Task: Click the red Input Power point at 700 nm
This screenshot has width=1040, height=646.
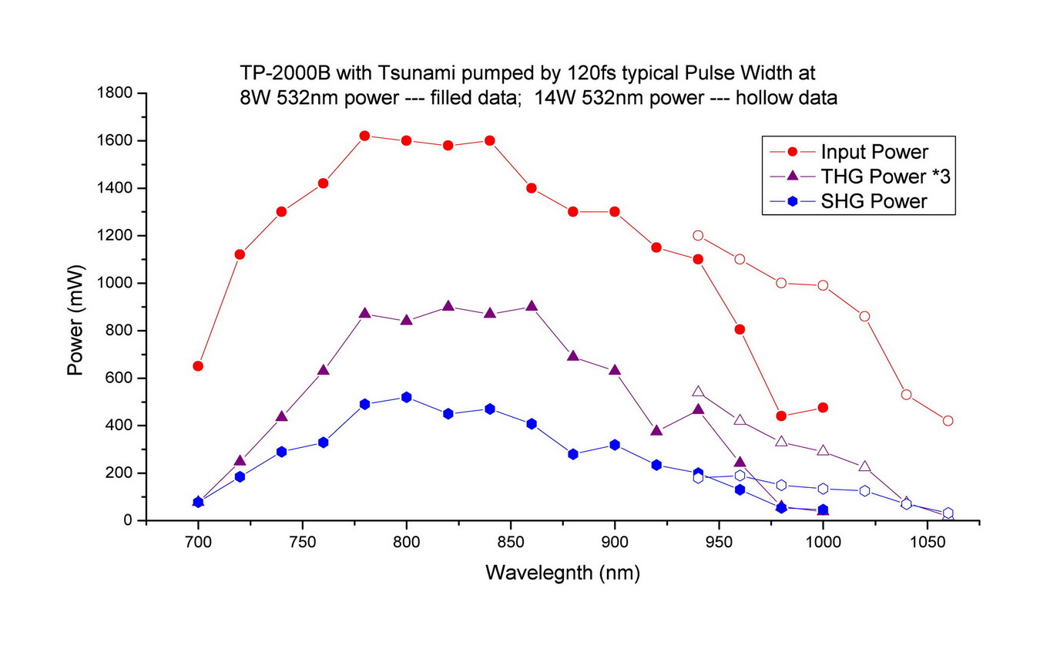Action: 198,365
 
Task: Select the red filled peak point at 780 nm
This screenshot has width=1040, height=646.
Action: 364,136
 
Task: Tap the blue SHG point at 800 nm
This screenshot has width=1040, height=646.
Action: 406,397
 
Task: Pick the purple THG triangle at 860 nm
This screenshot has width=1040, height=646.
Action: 531,307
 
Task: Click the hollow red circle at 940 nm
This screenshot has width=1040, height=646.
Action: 698,235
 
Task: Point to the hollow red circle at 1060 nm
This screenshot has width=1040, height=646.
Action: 948,420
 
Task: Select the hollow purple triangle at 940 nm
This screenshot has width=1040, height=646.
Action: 698,392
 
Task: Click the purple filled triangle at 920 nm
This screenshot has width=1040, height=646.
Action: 656,431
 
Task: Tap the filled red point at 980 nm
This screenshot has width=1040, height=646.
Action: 781,416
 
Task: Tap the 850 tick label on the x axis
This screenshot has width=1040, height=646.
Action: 510,542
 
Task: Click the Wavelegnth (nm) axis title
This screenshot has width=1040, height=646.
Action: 562,573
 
